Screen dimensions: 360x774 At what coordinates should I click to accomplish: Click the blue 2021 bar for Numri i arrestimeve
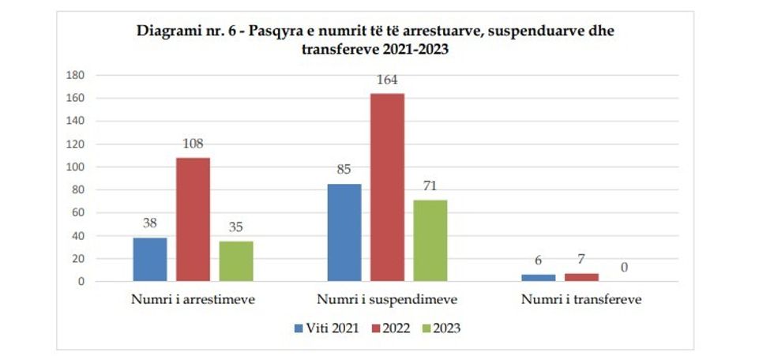pos(150,259)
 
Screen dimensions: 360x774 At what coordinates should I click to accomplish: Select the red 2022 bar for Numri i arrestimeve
pos(193,219)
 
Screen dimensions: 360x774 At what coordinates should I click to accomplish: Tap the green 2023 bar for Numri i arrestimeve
pos(236,261)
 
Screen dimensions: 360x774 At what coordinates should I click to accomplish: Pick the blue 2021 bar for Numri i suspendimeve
pos(344,232)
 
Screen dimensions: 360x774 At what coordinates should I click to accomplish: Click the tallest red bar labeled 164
pos(387,187)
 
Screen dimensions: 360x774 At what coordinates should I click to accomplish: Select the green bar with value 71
pos(430,240)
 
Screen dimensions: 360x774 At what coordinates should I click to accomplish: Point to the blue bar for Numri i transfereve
pos(538,277)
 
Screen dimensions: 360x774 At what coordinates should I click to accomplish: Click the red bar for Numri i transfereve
pos(581,277)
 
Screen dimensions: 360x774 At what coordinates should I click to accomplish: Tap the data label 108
pos(193,144)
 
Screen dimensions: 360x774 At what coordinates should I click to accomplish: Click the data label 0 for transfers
pos(624,268)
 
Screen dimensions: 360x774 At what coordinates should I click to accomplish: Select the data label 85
pos(344,170)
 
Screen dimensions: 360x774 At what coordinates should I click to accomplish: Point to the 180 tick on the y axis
pos(75,76)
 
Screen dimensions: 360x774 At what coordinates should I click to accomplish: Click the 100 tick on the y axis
pos(75,167)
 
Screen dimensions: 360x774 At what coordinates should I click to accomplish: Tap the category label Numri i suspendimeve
pos(387,301)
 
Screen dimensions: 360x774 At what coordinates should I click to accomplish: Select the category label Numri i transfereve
pos(581,301)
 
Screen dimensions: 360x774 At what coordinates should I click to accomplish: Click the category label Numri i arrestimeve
pos(193,301)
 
